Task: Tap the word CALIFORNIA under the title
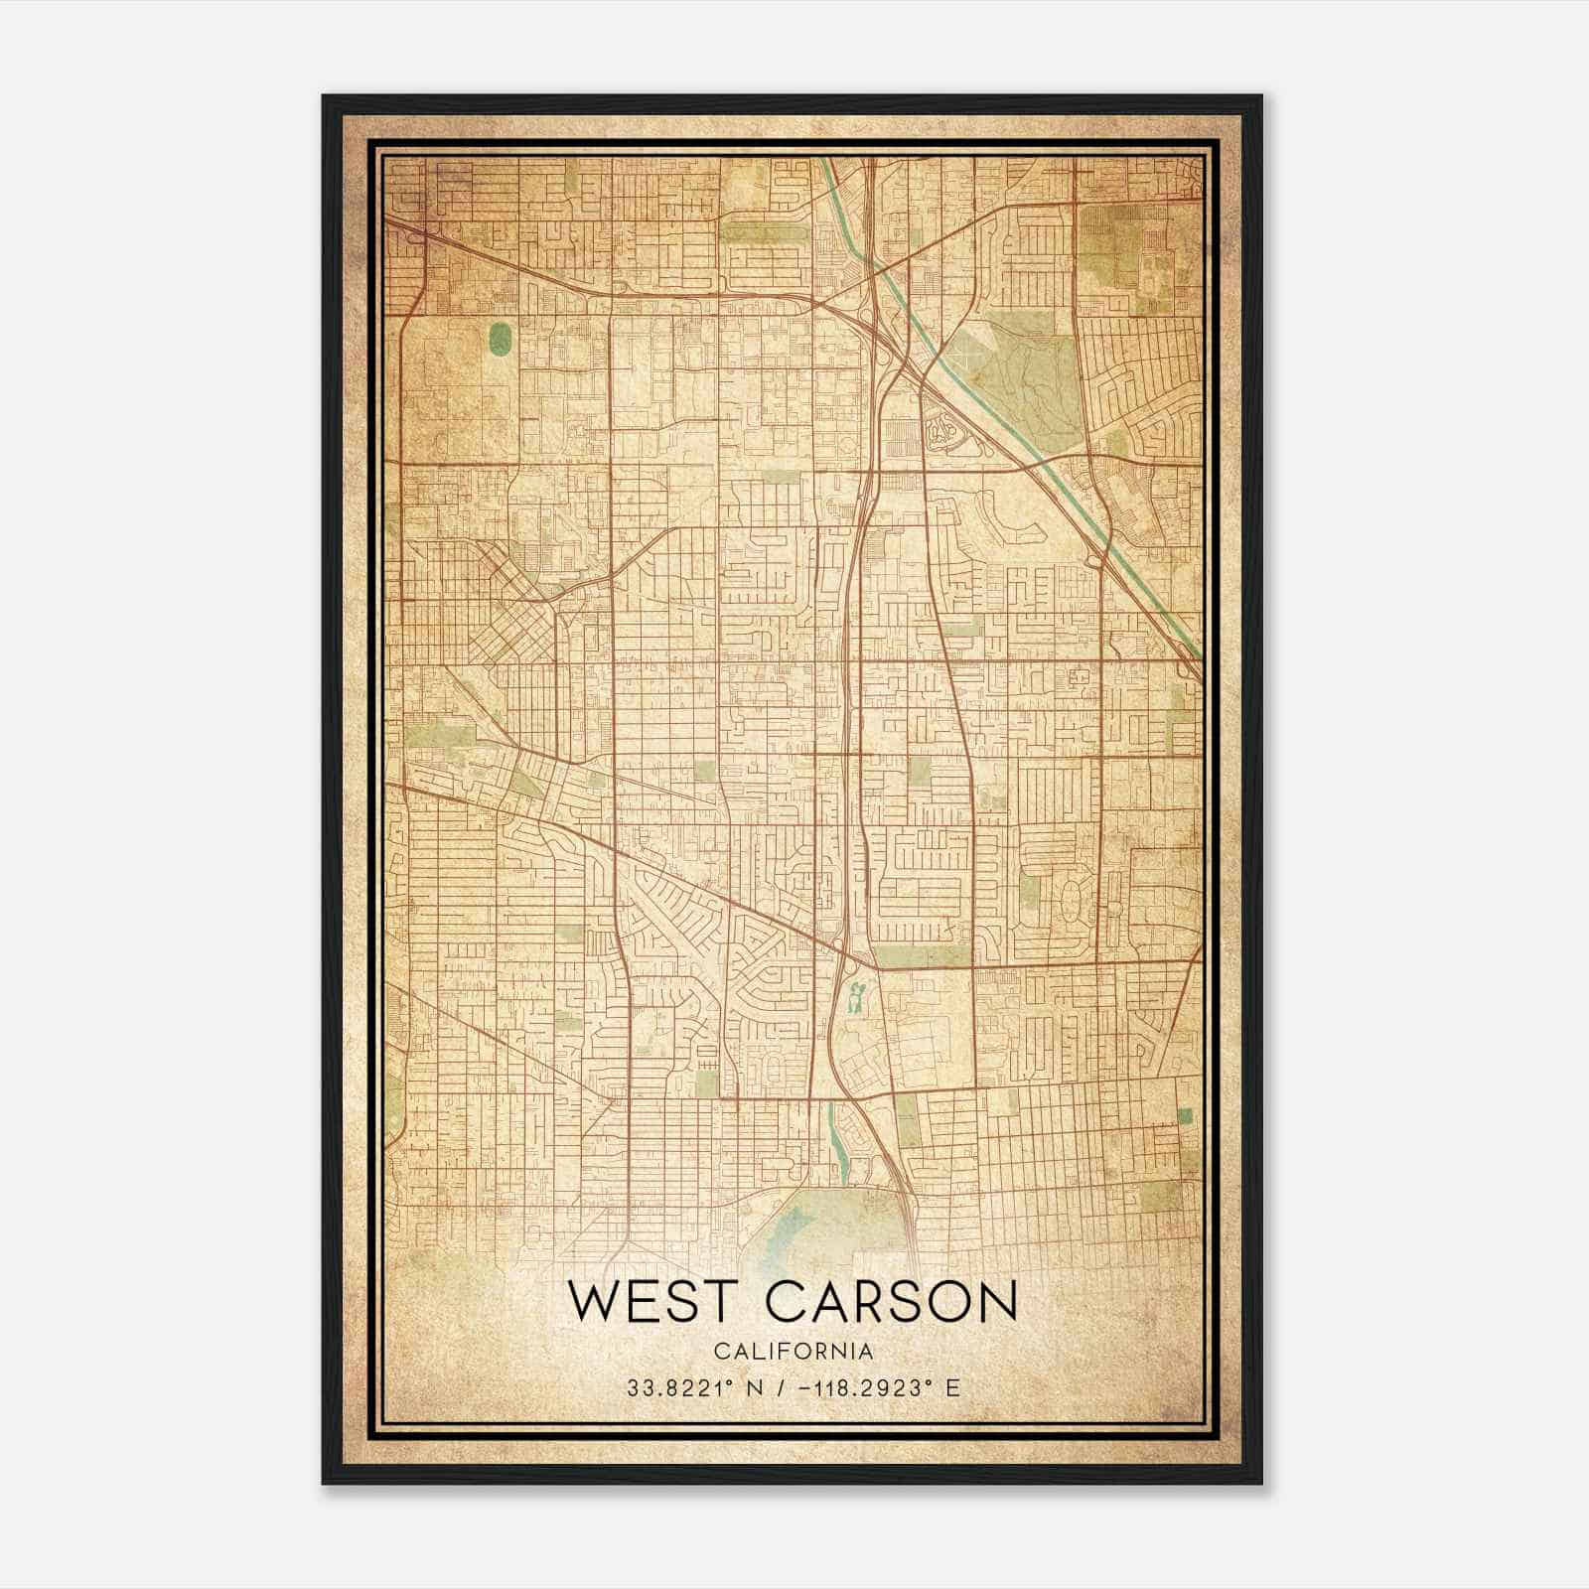(793, 1352)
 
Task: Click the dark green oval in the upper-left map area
(500, 338)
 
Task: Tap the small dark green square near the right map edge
(1184, 1116)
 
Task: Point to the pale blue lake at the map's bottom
(799, 1231)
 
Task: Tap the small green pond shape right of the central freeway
(854, 996)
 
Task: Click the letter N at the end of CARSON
(995, 1301)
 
